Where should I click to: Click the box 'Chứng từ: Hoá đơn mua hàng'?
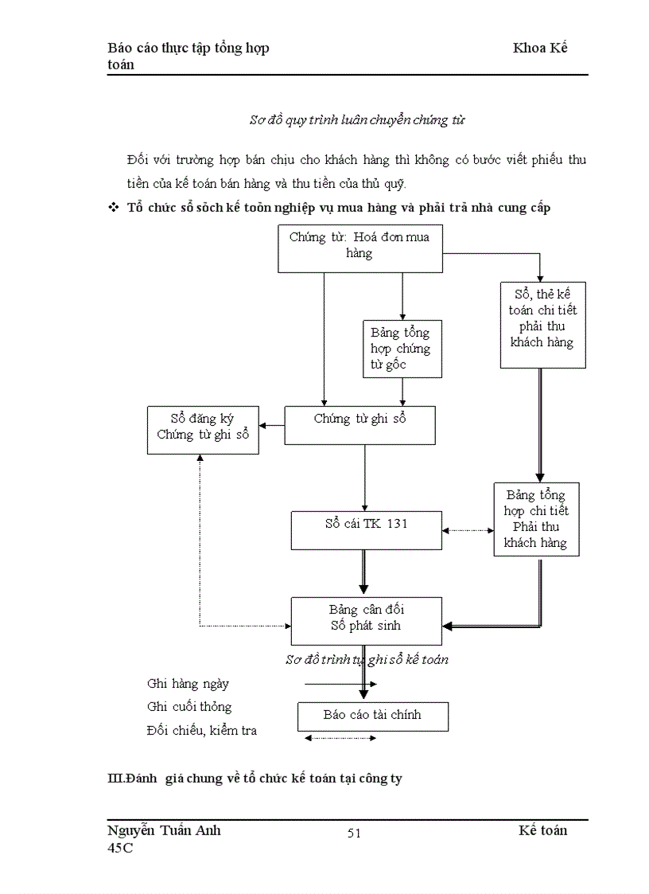click(359, 247)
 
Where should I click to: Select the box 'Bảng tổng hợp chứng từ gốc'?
click(401, 349)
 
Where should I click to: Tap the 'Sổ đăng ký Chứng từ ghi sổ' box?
click(203, 429)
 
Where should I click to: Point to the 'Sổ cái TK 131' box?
click(366, 529)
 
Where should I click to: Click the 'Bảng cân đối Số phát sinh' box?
click(366, 620)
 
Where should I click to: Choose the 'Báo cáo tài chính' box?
click(372, 716)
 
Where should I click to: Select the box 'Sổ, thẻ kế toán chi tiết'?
click(542, 325)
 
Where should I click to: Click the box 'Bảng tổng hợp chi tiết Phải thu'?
click(536, 518)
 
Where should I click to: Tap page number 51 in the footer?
click(354, 833)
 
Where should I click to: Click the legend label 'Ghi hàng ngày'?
click(188, 684)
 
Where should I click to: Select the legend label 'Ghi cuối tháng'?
click(189, 707)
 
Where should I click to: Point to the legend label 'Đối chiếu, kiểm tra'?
click(202, 731)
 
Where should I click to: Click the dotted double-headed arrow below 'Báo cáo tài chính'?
click(340, 739)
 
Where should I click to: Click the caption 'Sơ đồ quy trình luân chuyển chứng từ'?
click(357, 120)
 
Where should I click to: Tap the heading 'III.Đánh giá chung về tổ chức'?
click(255, 779)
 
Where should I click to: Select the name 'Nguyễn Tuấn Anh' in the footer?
click(164, 831)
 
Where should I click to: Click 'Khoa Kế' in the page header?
click(540, 48)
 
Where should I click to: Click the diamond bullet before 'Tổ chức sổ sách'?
click(112, 208)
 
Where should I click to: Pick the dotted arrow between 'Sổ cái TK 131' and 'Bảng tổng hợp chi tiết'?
click(468, 530)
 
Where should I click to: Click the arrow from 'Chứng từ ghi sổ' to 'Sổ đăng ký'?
click(272, 425)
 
